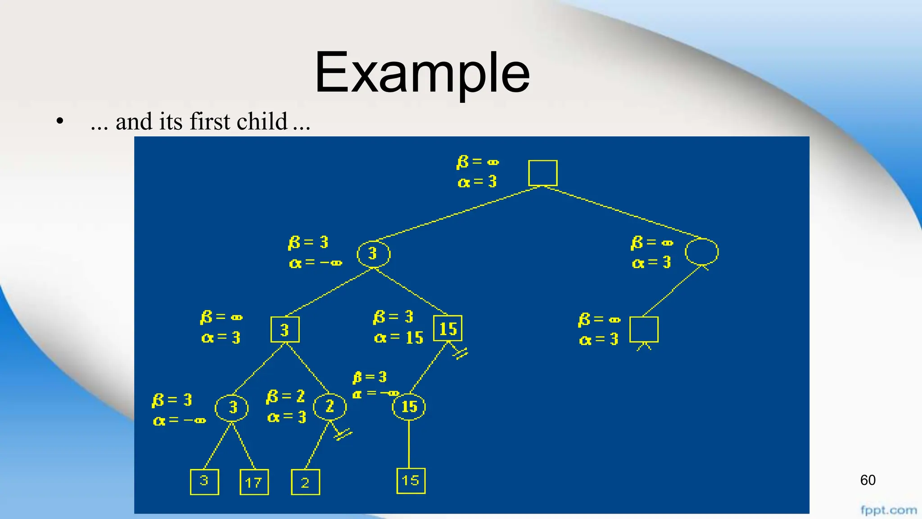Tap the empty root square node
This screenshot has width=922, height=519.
pyautogui.click(x=542, y=173)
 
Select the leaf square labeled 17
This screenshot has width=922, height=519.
pyautogui.click(x=254, y=482)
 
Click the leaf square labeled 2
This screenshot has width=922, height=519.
pyautogui.click(x=305, y=482)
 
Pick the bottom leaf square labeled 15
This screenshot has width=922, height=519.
pyautogui.click(x=411, y=481)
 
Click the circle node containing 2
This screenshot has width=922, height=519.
pyautogui.click(x=330, y=407)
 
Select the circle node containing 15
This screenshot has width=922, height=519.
pyautogui.click(x=409, y=407)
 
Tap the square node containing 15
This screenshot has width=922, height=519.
pyautogui.click(x=447, y=328)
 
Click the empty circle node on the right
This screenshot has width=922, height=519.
pyautogui.click(x=701, y=251)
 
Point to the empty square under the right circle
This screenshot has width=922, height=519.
pyautogui.click(x=644, y=329)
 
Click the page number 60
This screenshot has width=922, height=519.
pyautogui.click(x=868, y=480)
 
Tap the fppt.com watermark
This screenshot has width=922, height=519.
pyautogui.click(x=888, y=510)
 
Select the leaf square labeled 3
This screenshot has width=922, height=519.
pyautogui.click(x=204, y=482)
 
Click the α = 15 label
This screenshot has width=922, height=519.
pyautogui.click(x=398, y=337)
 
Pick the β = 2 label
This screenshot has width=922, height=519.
pyautogui.click(x=285, y=396)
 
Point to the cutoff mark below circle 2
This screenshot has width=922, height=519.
pyautogui.click(x=343, y=434)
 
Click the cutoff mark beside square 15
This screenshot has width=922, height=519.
pyautogui.click(x=461, y=353)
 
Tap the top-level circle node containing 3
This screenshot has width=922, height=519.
pyautogui.click(x=373, y=254)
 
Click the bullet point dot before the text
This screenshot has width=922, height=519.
pyautogui.click(x=60, y=122)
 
